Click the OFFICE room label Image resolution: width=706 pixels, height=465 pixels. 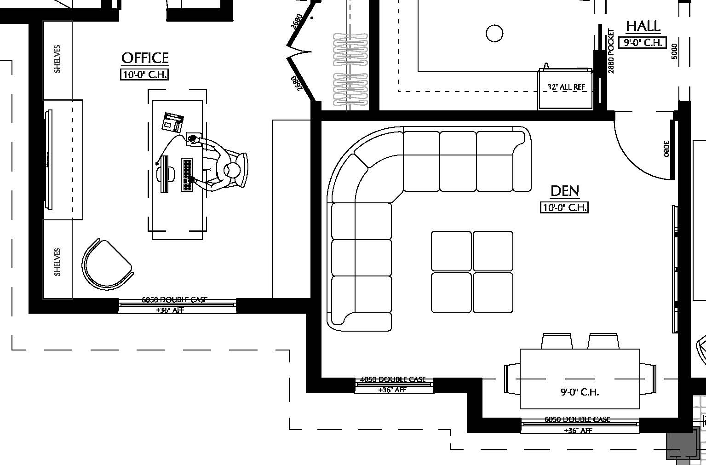point(145,58)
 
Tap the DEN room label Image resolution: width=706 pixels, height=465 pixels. point(564,191)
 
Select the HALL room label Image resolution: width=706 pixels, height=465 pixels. point(643,26)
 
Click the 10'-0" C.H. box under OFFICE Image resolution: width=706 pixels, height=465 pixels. point(144,75)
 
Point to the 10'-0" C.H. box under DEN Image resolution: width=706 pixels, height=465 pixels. point(564,207)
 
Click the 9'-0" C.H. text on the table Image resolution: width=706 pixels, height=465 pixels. point(580,392)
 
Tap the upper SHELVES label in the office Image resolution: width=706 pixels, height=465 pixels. point(57,59)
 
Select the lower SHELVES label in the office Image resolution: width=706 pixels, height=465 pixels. point(57,262)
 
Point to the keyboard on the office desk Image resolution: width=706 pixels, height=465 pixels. point(187,175)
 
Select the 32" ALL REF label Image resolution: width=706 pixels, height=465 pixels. point(566,87)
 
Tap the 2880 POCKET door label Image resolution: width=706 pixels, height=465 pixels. point(611,51)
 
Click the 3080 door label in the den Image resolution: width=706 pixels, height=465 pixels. point(666,148)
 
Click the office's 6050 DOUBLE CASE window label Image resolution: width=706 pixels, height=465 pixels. point(174,300)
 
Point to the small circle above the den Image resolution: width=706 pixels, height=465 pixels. point(494,33)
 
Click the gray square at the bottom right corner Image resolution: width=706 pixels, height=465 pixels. point(681,445)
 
